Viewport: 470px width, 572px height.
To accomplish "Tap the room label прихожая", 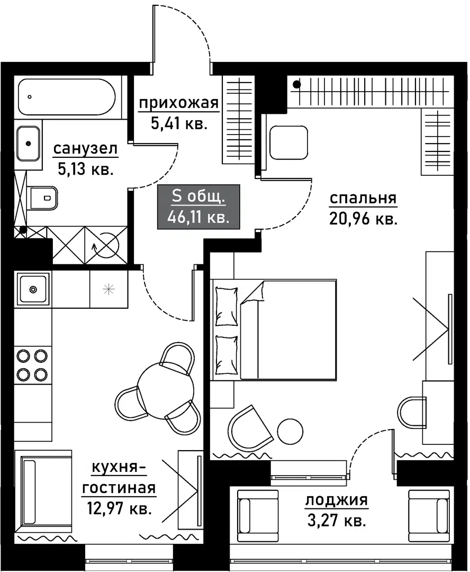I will point(178,103).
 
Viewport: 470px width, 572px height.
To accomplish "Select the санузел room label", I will point(85,150).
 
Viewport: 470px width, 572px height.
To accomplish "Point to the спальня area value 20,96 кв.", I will point(363,219).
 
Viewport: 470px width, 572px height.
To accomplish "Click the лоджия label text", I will point(336,500).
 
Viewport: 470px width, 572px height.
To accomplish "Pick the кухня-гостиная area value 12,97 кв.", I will point(119,510).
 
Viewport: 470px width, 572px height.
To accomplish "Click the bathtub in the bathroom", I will point(67,96).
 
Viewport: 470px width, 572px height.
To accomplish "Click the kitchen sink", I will point(33,289).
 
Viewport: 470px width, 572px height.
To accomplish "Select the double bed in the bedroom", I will point(275,330).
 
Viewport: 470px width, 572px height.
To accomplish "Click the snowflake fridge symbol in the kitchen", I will point(109,289).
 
